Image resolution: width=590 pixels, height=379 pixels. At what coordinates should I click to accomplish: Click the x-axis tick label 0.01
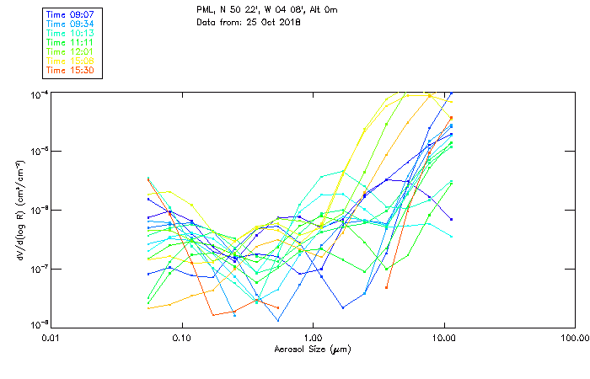point(51,339)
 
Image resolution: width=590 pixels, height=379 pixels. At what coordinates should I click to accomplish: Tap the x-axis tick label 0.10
point(181,339)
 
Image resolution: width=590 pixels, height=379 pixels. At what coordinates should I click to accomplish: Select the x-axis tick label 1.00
point(313,339)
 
